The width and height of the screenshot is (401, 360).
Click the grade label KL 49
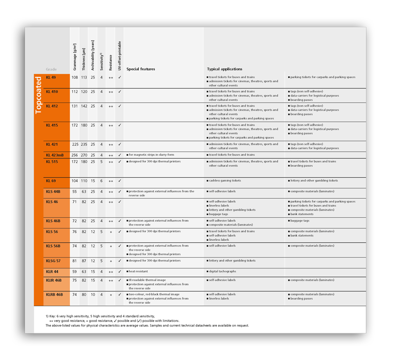coord(51,78)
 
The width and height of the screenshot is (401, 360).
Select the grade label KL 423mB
coord(55,155)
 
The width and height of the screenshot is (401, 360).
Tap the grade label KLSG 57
coord(53,261)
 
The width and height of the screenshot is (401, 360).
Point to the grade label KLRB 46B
coord(54,294)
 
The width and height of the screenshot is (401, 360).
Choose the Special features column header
coord(141,69)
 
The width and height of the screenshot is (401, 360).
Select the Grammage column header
coord(75,56)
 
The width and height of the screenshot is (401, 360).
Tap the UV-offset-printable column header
coord(120,56)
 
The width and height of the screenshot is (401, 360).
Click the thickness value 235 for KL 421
coord(84,144)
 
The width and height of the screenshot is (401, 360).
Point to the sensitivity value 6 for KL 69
coord(101,180)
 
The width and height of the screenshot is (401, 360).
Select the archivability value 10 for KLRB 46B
coord(93,294)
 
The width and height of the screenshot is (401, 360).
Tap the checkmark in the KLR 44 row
coord(120,271)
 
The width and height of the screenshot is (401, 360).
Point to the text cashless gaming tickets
coord(225,180)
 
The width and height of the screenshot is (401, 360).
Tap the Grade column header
coord(51,69)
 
